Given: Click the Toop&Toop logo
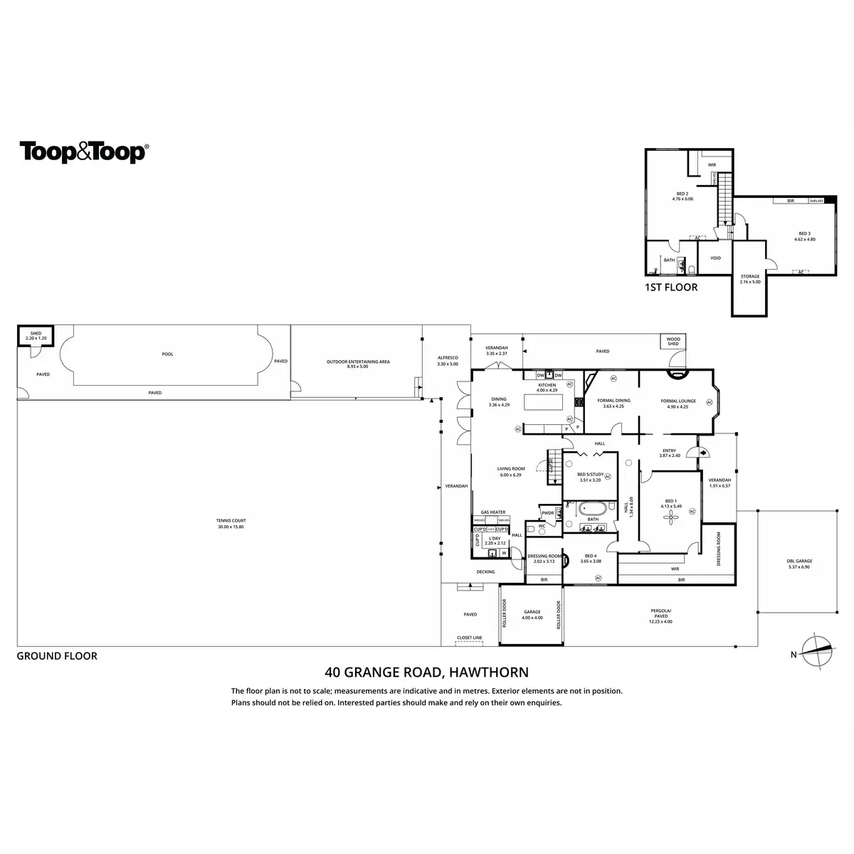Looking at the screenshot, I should (x=84, y=152).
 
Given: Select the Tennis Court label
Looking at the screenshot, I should (x=231, y=524).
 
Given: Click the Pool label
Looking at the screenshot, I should (x=168, y=354).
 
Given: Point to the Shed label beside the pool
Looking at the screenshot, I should (x=35, y=337).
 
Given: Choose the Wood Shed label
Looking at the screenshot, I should (x=673, y=342).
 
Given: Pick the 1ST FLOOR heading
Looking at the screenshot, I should (x=670, y=288).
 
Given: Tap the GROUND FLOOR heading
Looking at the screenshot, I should (x=57, y=656).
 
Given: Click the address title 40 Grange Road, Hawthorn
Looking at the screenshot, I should (x=426, y=671).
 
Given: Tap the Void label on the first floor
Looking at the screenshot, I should (x=716, y=258).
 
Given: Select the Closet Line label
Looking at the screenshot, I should (x=470, y=637).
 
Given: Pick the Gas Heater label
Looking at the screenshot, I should (x=492, y=512).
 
